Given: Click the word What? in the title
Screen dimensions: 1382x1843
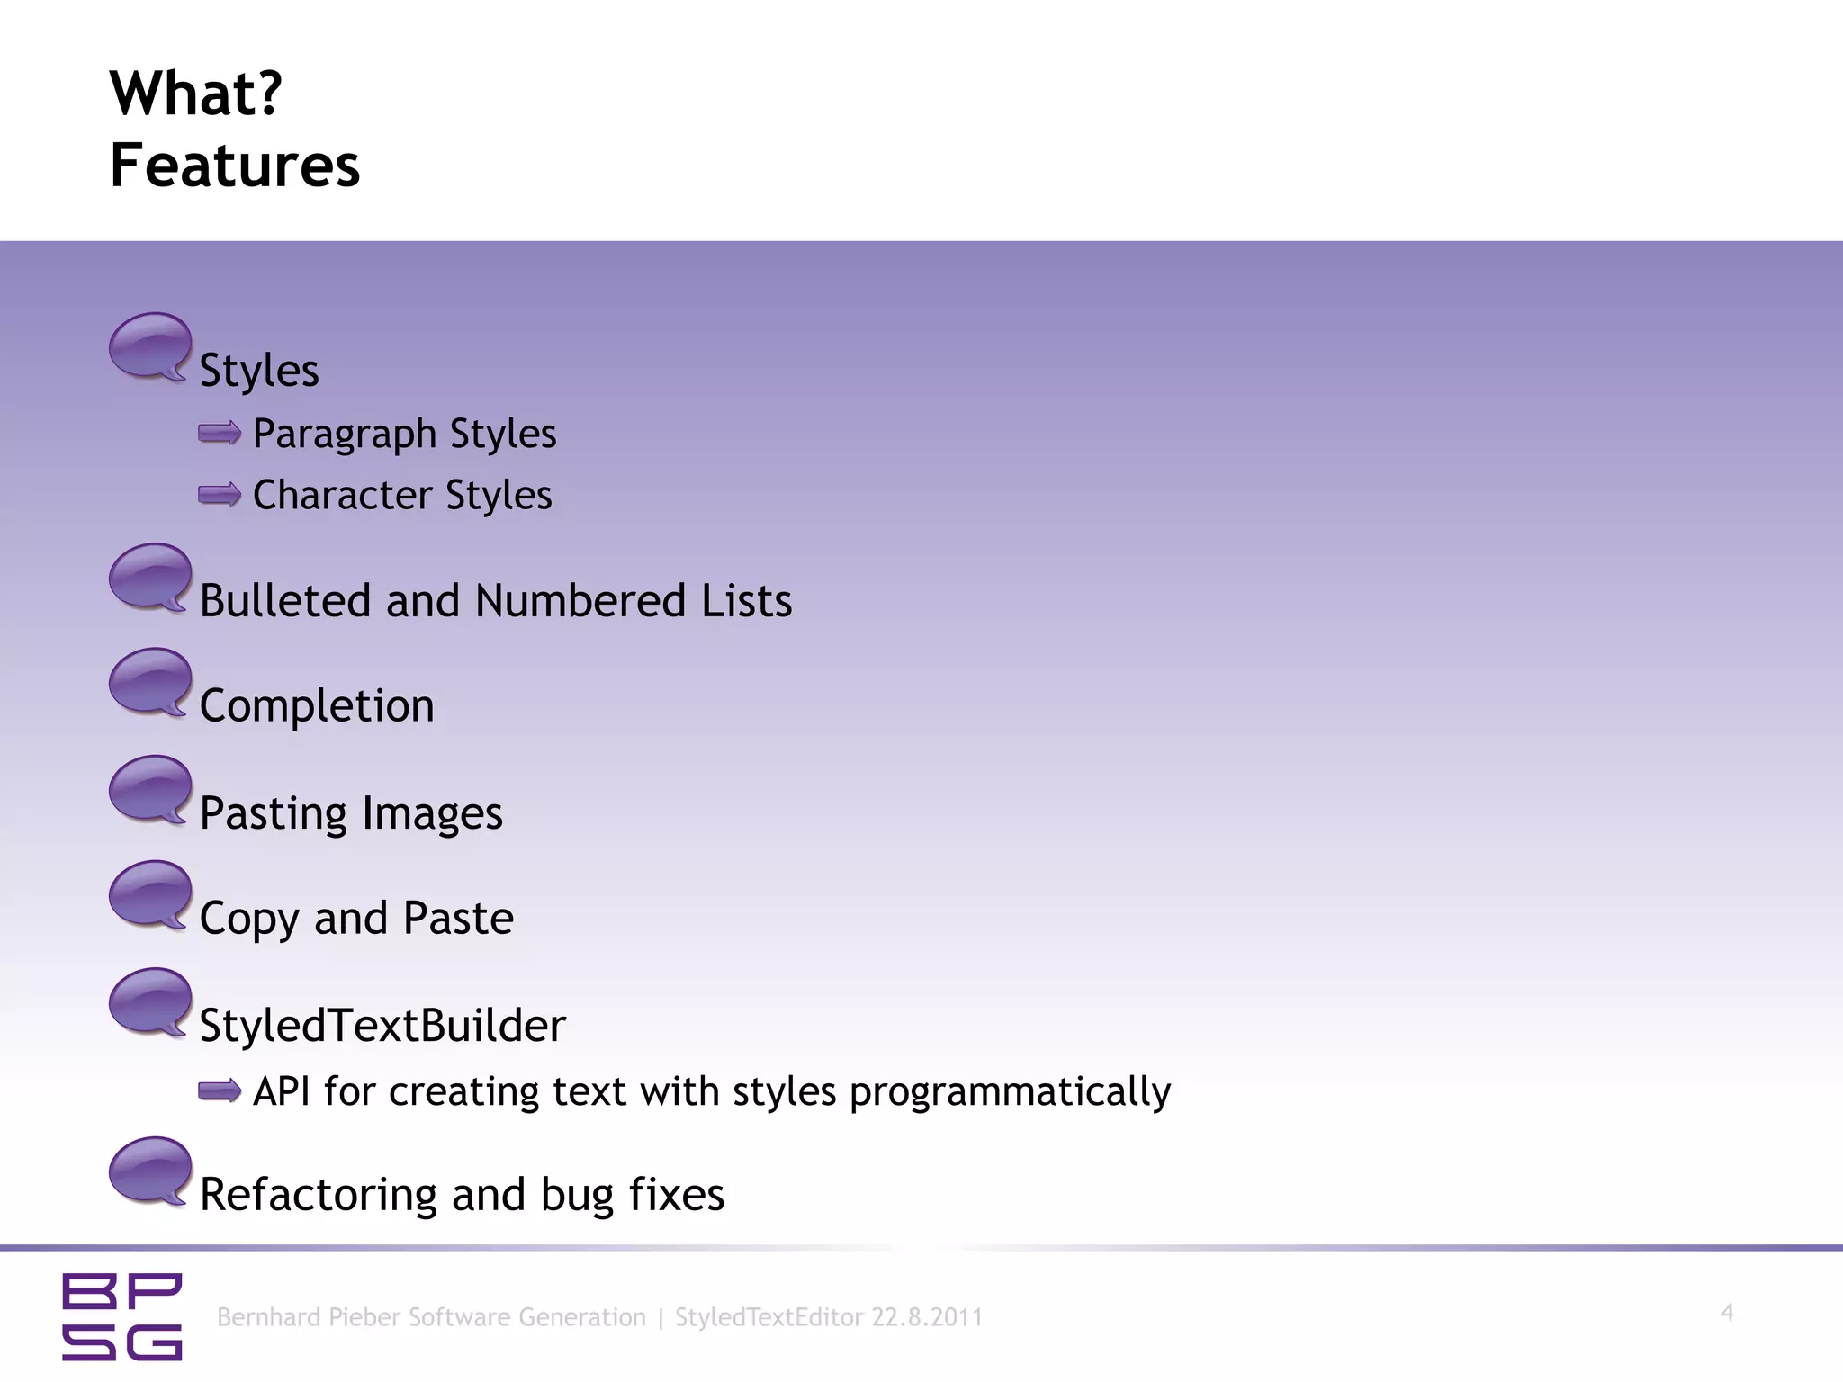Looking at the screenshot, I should pyautogui.click(x=196, y=94).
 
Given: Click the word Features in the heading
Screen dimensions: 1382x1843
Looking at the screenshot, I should pyautogui.click(x=235, y=166).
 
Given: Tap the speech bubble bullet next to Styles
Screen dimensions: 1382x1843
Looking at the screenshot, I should pyautogui.click(x=150, y=346).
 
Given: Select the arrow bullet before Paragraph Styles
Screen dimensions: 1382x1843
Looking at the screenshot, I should pyautogui.click(x=220, y=434).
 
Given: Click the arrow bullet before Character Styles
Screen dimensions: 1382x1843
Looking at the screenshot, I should pyautogui.click(x=220, y=495).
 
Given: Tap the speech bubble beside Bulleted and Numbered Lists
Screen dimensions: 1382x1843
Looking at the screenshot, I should pyautogui.click(x=150, y=578).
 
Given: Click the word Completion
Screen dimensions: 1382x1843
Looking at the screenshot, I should pyautogui.click(x=317, y=706).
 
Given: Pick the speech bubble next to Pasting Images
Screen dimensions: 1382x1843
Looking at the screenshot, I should pyautogui.click(x=150, y=789).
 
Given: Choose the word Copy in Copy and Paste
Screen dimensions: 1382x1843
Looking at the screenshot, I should pyautogui.click(x=249, y=920).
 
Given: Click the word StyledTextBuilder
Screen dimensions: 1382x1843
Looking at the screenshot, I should pyautogui.click(x=382, y=1026).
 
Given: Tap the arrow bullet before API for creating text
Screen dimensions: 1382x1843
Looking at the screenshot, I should pyautogui.click(x=220, y=1091).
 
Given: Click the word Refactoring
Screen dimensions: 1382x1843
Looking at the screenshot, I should pyautogui.click(x=318, y=1195).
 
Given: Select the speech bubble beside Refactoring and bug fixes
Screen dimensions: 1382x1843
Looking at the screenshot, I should pyautogui.click(x=150, y=1171).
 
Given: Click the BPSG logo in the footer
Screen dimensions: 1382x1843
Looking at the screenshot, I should pyautogui.click(x=122, y=1316).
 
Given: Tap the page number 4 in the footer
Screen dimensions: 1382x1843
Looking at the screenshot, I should pyautogui.click(x=1727, y=1313).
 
